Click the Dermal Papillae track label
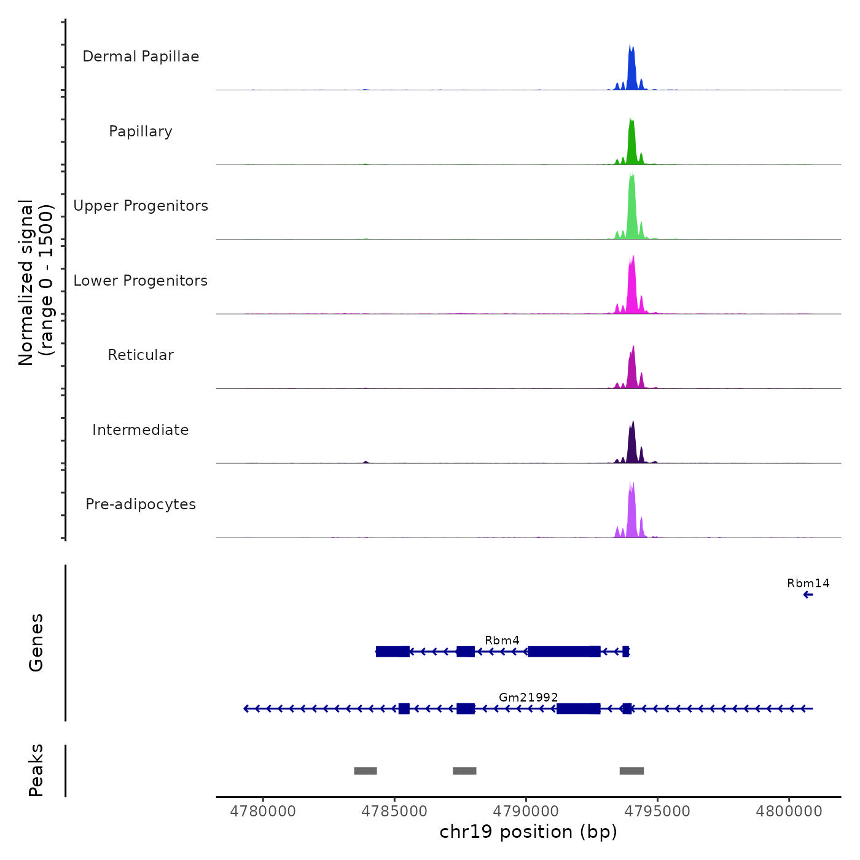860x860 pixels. pyautogui.click(x=141, y=57)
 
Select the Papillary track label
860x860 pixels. pyautogui.click(x=141, y=131)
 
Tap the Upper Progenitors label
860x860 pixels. pyautogui.click(x=141, y=206)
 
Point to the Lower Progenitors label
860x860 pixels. pyautogui.click(x=141, y=281)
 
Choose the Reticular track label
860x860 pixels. pyautogui.click(x=141, y=355)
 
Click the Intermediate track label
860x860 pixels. pyautogui.click(x=141, y=430)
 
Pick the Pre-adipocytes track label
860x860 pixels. pyautogui.click(x=141, y=504)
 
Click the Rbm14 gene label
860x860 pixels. pyautogui.click(x=808, y=584)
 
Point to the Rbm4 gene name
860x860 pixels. pyautogui.click(x=502, y=641)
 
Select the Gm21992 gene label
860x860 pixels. pyautogui.click(x=528, y=698)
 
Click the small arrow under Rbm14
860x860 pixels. pyautogui.click(x=808, y=595)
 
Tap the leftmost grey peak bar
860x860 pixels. pyautogui.click(x=365, y=771)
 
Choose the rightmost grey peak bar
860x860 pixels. pyautogui.click(x=631, y=771)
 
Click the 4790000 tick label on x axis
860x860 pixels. pyautogui.click(x=526, y=811)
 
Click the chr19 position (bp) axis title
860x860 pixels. pyautogui.click(x=528, y=832)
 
